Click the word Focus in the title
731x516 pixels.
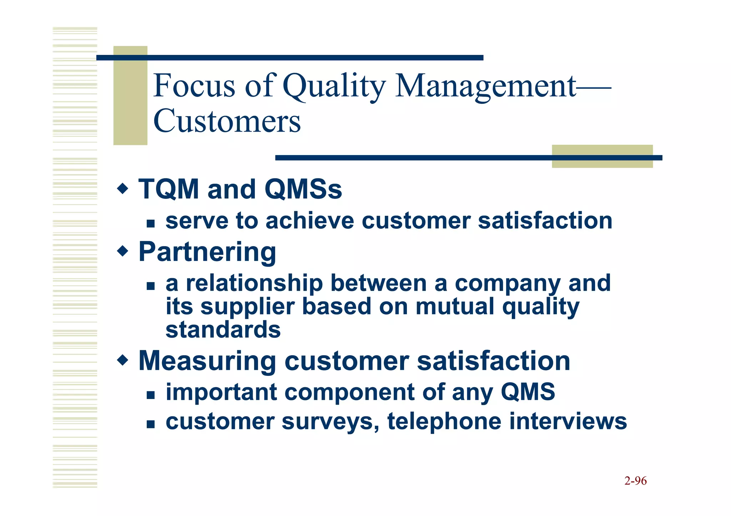(195, 86)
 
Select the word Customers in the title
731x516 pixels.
(227, 121)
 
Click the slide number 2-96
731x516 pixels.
(635, 481)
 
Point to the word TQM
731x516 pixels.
(168, 189)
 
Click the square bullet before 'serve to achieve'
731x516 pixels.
(151, 224)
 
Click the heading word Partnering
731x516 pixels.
(207, 252)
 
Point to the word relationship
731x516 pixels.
(254, 283)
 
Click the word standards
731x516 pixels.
(223, 329)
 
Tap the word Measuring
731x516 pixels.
(207, 361)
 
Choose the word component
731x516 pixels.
(349, 392)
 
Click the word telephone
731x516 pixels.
(444, 422)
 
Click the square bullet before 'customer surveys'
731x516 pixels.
(151, 424)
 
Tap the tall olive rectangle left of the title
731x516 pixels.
(130, 96)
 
